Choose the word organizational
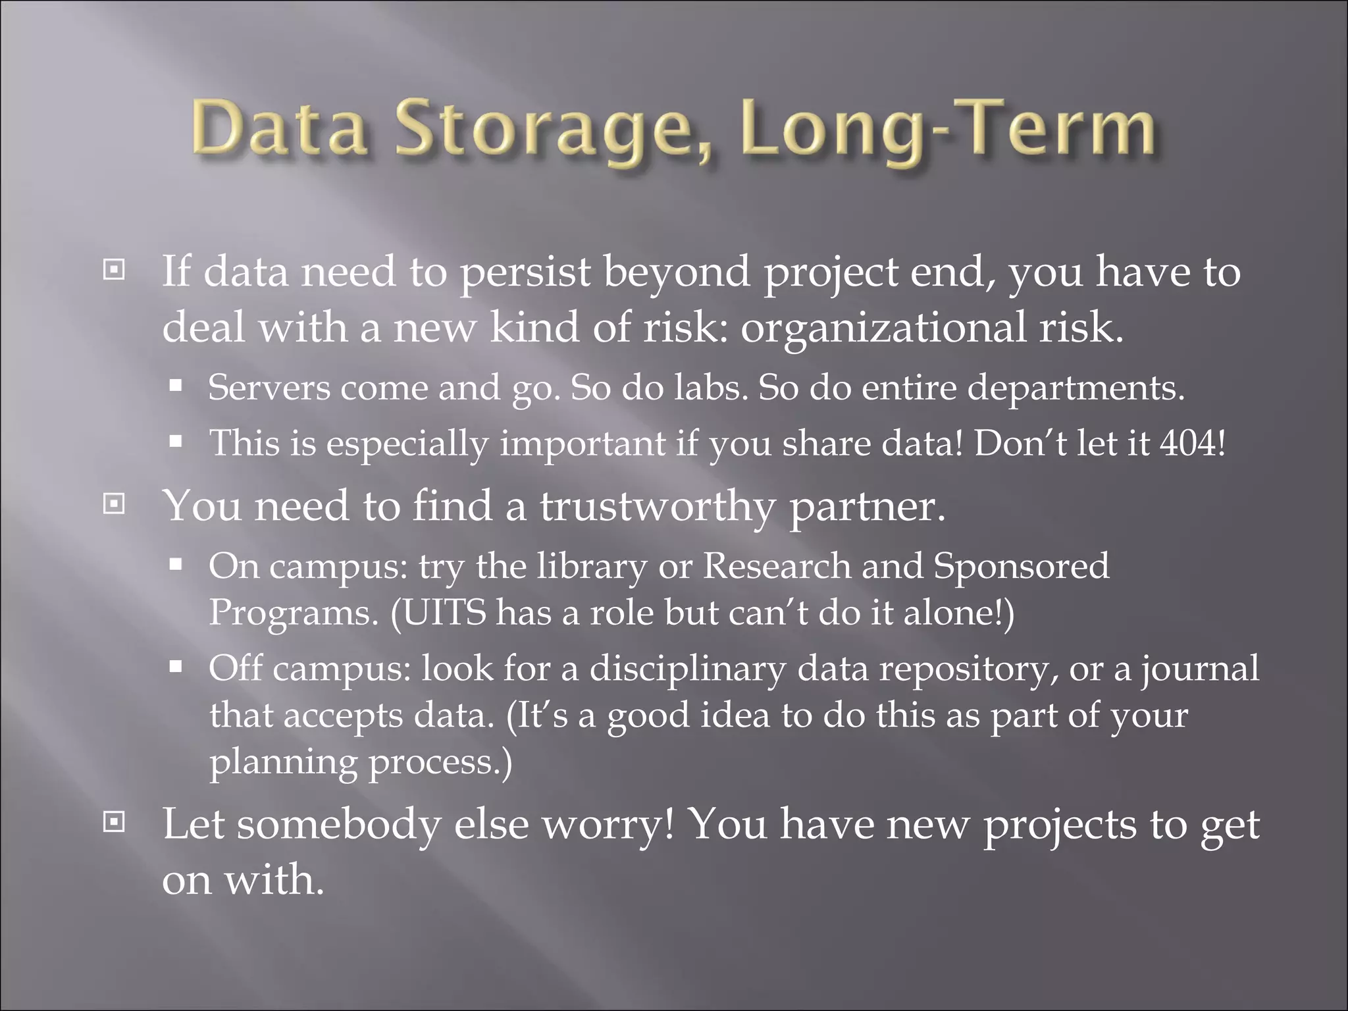click(x=882, y=327)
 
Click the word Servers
click(x=269, y=388)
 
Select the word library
click(x=591, y=567)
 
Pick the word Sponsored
click(x=1021, y=567)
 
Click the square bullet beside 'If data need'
click(x=114, y=270)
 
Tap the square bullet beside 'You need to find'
click(x=114, y=504)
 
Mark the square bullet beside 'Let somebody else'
click(x=114, y=822)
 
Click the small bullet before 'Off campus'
click(x=175, y=667)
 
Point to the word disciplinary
click(x=687, y=669)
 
